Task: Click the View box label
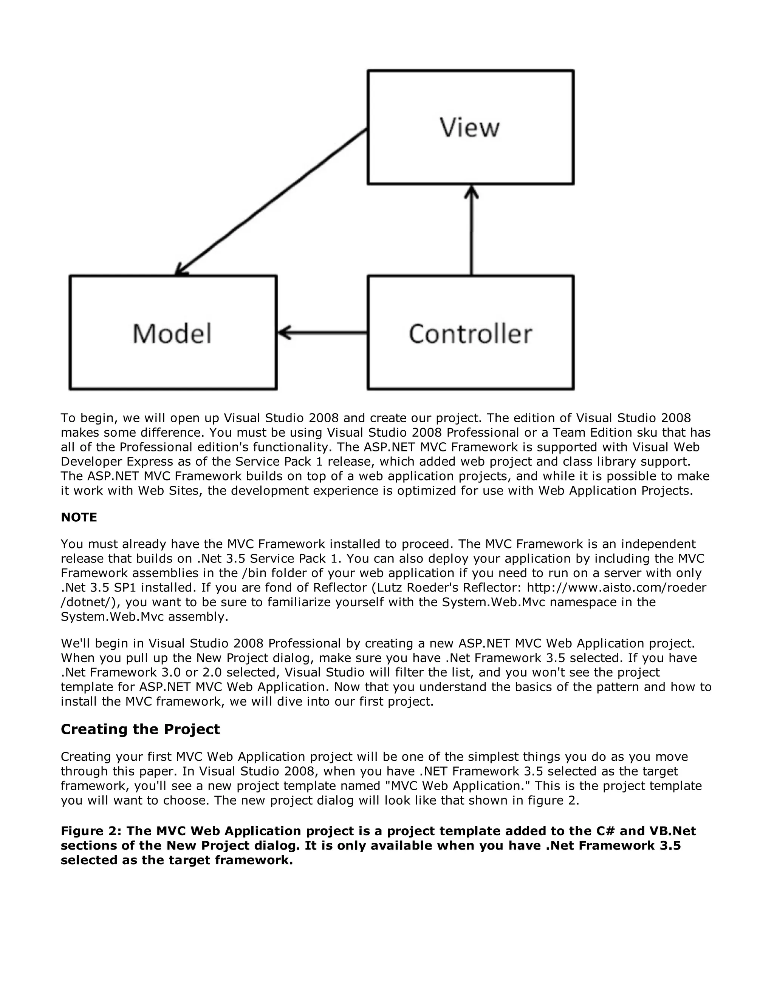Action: pos(469,127)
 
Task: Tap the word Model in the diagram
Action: pos(172,333)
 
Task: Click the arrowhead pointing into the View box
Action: pos(471,191)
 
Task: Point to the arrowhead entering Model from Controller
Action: pos(284,332)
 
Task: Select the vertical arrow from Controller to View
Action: pos(471,234)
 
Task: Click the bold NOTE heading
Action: pos(79,517)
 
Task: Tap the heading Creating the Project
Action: pos(140,729)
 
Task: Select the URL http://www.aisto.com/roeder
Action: pos(616,588)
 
